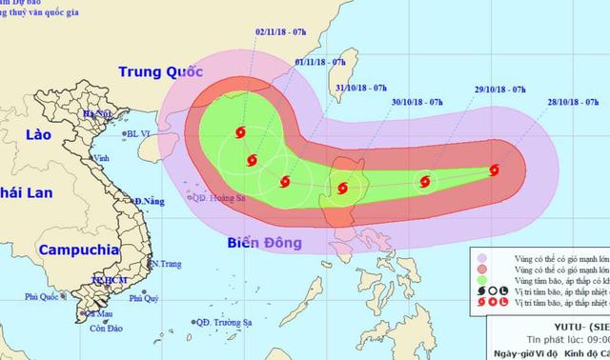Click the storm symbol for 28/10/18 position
tap(494, 171)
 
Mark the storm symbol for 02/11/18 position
tap(238, 133)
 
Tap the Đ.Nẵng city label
tap(149, 202)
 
